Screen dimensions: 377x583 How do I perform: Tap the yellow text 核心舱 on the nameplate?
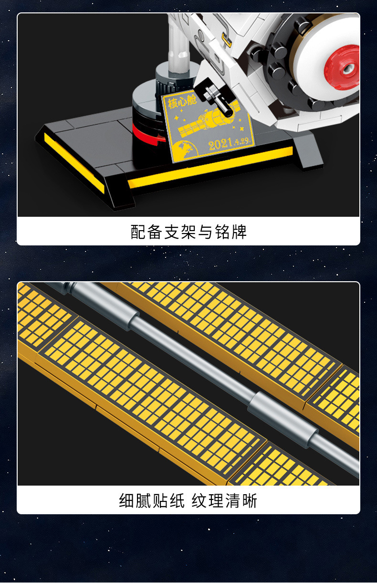coord(182,102)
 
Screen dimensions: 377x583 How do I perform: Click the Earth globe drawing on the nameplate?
coord(186,150)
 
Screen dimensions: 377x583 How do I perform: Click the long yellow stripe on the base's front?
coord(210,167)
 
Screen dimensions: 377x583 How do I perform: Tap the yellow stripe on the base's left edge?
coord(74,163)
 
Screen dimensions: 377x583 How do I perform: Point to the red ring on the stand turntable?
coord(148,134)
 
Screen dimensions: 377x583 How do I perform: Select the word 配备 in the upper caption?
coord(147,232)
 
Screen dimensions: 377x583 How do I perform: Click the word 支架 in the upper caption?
coord(180,232)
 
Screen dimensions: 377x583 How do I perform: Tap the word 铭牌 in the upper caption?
coord(230,232)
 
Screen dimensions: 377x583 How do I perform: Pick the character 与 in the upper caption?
coord(205,232)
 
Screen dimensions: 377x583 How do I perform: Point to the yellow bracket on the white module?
coord(227,40)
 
